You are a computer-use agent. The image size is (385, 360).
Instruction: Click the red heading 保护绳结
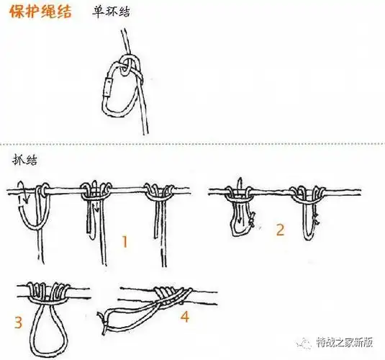[40, 13]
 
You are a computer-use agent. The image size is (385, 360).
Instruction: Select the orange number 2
[279, 230]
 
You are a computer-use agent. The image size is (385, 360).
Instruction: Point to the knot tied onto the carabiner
[127, 68]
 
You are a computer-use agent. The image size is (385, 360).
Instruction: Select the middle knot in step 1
[95, 191]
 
